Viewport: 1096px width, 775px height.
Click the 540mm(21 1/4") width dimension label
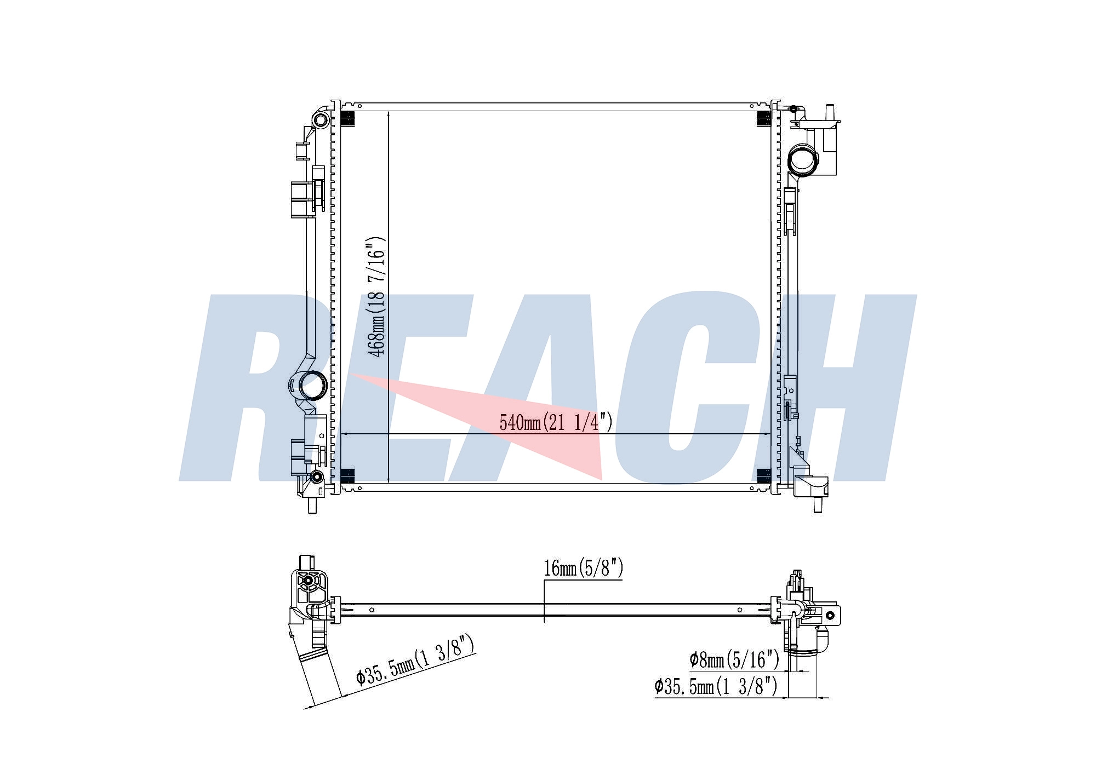coord(556,422)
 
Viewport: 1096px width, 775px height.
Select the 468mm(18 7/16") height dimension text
coord(376,296)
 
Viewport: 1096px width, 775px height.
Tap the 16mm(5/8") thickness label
coord(583,569)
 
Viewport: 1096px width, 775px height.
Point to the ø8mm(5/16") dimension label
coord(734,659)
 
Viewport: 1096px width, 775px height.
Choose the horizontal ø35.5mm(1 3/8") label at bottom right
coord(716,686)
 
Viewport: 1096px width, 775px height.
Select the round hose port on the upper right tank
coord(803,158)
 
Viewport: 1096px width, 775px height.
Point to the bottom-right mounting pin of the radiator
coord(818,504)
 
